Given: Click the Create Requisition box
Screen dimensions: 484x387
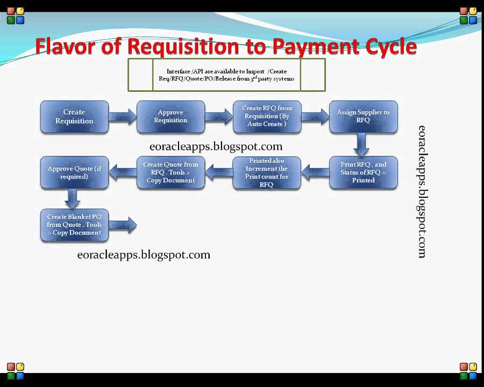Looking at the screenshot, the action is coord(74,117).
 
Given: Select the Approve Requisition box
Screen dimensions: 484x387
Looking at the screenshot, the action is coord(170,117).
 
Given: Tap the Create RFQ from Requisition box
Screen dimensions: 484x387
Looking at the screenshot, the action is coord(267,117).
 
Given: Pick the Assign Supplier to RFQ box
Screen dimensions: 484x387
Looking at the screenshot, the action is coord(363,117).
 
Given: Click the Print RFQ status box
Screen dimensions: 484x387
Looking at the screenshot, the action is coord(363,172).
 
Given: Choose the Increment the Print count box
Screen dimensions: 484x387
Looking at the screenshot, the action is coord(267,173).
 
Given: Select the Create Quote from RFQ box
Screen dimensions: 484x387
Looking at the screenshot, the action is coord(170,172).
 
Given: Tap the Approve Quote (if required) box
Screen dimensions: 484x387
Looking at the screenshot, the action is coord(74,172).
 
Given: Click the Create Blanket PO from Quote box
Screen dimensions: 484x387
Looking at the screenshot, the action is coord(74,225).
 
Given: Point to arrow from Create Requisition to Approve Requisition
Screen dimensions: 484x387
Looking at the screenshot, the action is coord(123,117).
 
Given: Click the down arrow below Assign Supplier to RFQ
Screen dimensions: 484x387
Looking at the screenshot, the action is coord(362,144).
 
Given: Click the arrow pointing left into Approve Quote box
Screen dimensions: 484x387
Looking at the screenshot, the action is coord(123,172).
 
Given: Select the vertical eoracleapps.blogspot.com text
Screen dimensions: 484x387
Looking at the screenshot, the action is coord(422,191).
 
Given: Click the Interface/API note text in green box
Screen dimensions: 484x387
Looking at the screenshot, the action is coord(226,75).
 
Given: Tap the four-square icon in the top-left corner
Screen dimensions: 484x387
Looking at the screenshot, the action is coord(15,16).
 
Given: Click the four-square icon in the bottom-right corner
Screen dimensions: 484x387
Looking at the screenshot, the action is coord(468,371).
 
